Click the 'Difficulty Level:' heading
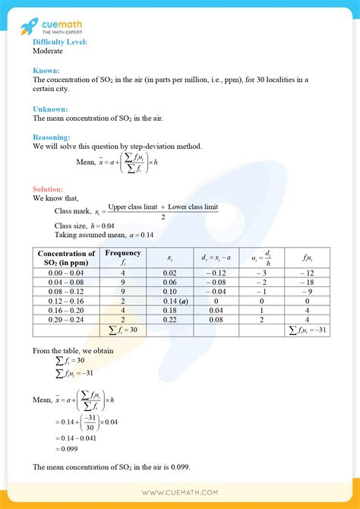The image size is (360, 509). point(60,42)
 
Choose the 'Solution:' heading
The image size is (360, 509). point(49,189)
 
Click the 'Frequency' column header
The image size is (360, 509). point(123,253)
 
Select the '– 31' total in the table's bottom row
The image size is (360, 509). point(313,330)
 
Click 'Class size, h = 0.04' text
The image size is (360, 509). point(85,226)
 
